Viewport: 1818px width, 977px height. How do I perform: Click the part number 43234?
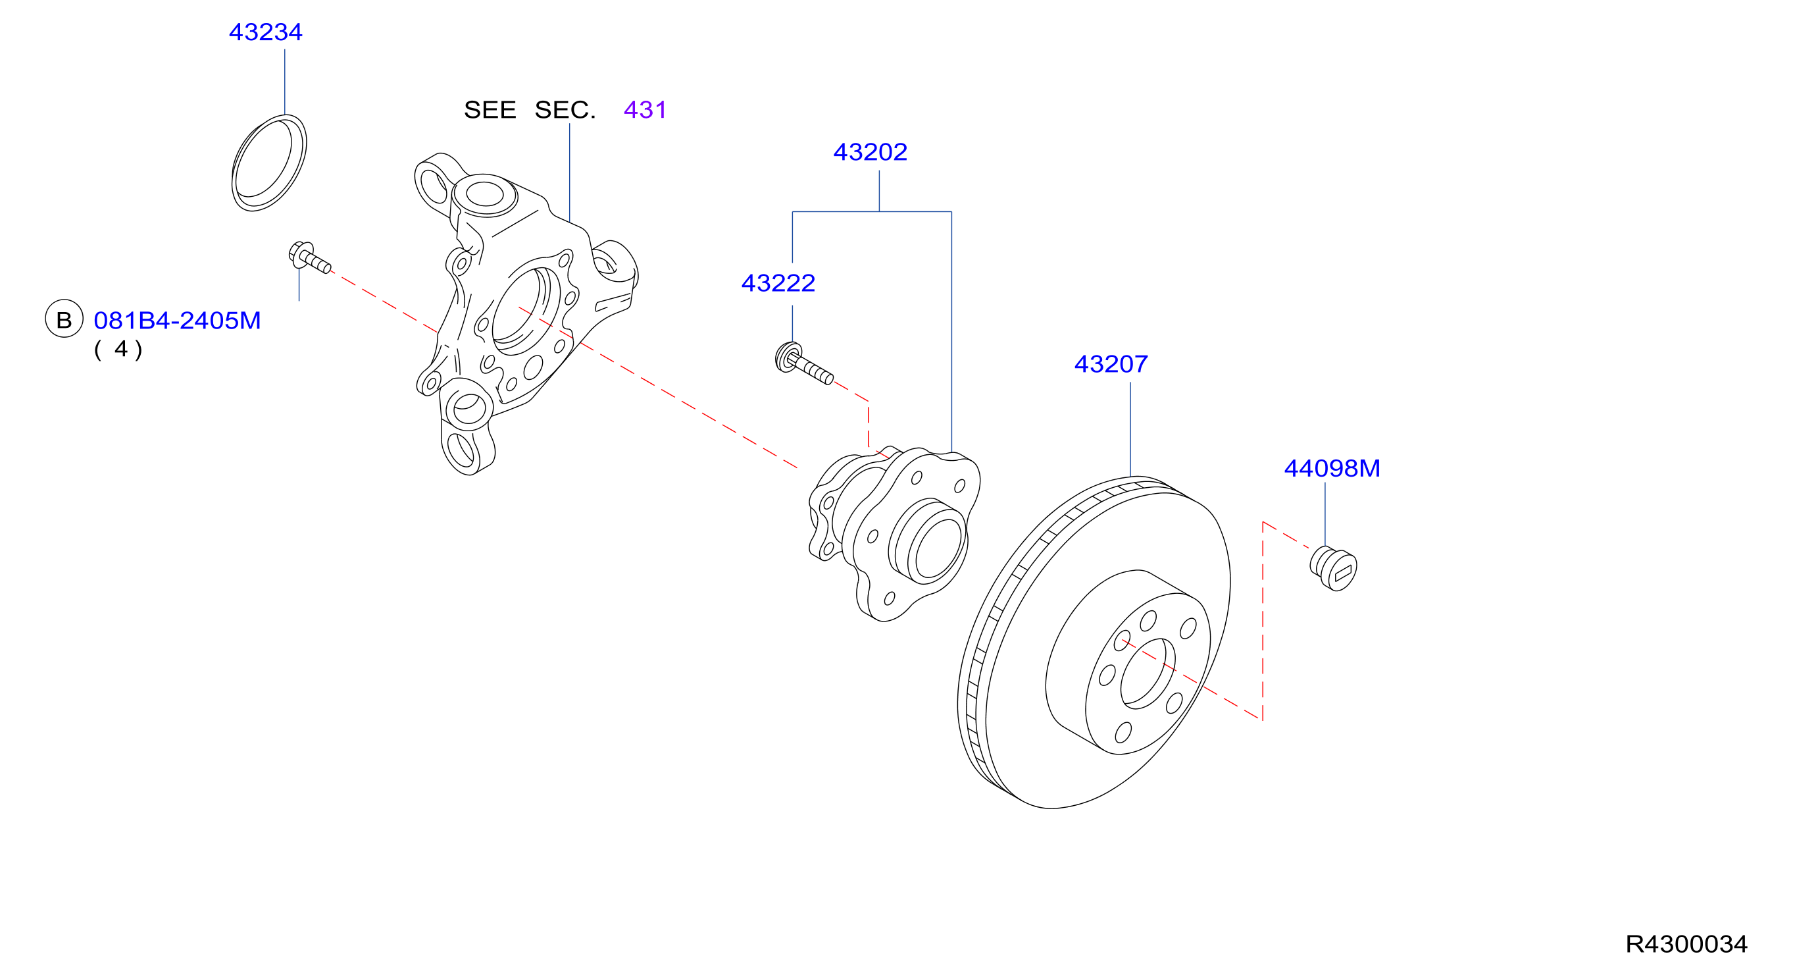click(265, 32)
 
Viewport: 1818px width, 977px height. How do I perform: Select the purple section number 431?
click(645, 110)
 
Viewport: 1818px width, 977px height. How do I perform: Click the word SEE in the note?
click(490, 110)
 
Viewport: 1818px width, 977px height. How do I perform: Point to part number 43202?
click(871, 153)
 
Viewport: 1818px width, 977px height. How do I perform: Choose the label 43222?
click(778, 284)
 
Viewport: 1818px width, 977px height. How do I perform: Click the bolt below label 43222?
click(804, 363)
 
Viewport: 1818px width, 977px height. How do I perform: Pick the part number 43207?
click(1111, 365)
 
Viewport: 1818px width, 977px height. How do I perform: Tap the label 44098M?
click(1332, 469)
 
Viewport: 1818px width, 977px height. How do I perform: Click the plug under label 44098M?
click(1333, 568)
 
